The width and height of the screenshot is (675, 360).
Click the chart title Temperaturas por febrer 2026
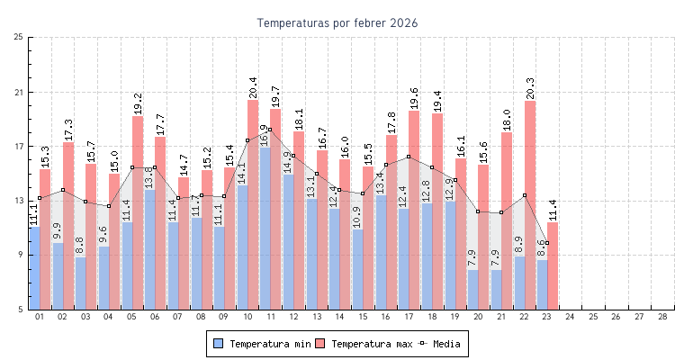[x=337, y=22]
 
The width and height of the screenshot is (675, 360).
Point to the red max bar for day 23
[x=553, y=265]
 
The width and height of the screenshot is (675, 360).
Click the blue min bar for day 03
[x=80, y=283]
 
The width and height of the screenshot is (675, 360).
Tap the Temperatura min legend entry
[x=261, y=344]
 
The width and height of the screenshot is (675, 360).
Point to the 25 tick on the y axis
[x=19, y=38]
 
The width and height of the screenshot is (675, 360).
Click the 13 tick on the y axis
[x=19, y=201]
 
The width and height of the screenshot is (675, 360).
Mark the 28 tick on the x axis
[x=662, y=318]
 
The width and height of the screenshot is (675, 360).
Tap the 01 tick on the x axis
[x=40, y=318]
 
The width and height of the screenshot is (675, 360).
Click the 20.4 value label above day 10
[x=253, y=86]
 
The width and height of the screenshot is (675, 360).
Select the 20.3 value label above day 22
[x=530, y=88]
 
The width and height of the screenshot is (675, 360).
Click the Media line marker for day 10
[x=247, y=140]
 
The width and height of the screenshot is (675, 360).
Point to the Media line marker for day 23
[x=547, y=243]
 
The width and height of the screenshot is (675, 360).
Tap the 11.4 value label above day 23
[x=553, y=210]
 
